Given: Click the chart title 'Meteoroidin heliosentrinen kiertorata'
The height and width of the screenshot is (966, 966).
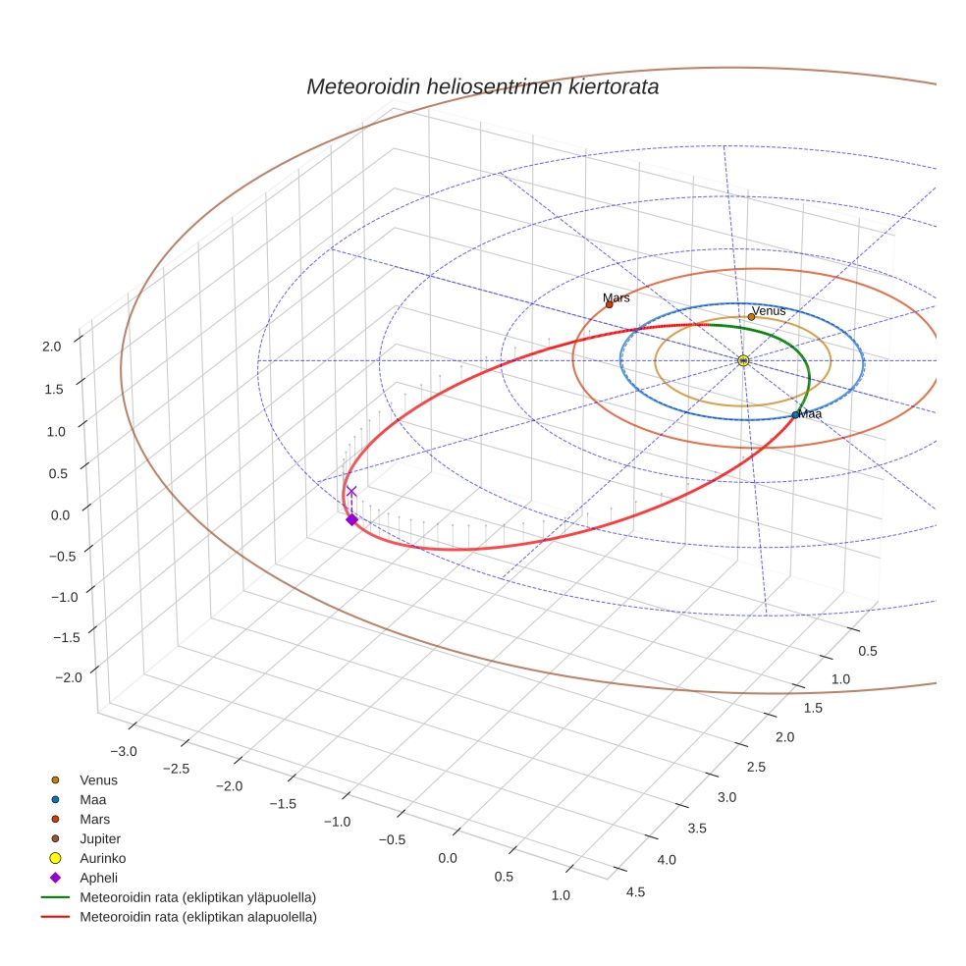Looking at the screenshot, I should point(482,86).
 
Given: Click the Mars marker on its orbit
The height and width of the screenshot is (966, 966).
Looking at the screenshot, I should point(609,304).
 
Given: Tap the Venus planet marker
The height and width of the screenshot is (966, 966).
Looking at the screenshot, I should point(751,317).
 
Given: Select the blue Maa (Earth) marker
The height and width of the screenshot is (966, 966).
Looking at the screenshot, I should point(795,415).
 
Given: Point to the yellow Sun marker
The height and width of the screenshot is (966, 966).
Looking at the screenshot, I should point(743,360).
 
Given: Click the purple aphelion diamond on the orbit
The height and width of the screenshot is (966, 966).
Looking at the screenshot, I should point(351,519).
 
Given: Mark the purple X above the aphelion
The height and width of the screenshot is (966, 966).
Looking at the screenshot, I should point(351,491).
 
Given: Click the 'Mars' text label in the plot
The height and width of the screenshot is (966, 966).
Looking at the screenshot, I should point(617,297).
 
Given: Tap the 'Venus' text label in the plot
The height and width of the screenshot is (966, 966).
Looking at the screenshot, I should point(769,310).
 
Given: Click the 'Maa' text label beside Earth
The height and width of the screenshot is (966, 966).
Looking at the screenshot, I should point(811,414).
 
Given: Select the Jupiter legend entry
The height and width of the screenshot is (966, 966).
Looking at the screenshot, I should point(99,838).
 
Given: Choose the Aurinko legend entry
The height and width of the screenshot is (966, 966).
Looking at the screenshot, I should point(102,858).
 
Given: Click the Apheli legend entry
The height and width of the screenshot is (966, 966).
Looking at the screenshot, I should point(97,878).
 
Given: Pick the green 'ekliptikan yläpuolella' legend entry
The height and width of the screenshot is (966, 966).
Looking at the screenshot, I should point(197,897).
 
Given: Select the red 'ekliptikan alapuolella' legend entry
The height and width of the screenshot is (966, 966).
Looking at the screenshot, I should point(197,917).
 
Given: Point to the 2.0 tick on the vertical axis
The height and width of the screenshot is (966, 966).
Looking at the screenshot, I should point(52,346).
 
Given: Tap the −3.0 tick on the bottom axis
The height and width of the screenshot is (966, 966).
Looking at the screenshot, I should point(124,751).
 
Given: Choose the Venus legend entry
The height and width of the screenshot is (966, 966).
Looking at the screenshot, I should point(98,779).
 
